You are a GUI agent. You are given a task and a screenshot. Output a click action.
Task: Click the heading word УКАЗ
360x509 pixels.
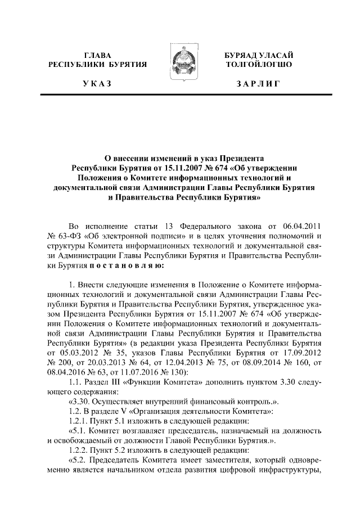pyautogui.click(x=97, y=84)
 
